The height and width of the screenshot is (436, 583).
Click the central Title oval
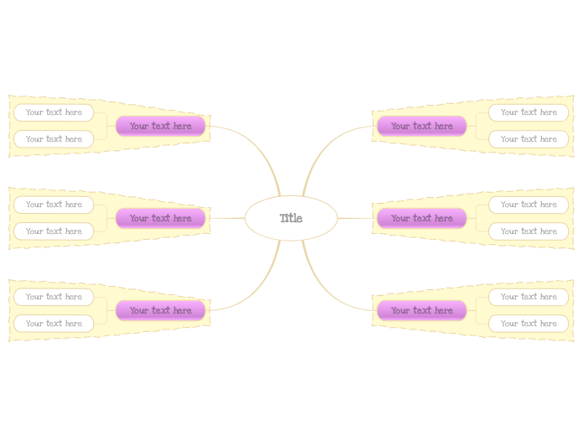pos(291,218)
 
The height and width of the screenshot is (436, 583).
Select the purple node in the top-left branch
pos(160,126)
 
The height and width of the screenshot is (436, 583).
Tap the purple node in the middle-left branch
pos(160,218)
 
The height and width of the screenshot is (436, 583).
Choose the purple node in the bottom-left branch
pos(160,310)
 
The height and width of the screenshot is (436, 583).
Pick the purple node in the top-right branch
pos(421,126)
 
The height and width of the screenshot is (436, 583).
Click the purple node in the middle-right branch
pos(421,218)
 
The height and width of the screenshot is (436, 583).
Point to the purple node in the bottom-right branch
pos(421,310)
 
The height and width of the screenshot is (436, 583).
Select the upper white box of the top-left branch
pos(54,112)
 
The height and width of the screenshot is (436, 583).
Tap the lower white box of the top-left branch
pos(54,139)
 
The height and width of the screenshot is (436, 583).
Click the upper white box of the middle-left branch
pos(54,205)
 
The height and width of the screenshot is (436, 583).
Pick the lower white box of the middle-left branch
pos(54,231)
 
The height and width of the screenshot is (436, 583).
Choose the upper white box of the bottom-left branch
pos(54,297)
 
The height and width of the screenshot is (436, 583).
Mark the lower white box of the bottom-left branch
pos(54,324)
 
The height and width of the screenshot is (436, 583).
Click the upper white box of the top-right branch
pos(529,112)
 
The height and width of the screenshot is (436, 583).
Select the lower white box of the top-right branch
pos(529,139)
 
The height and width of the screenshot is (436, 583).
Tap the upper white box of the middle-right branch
pos(529,205)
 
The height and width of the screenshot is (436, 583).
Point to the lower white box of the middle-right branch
pos(529,231)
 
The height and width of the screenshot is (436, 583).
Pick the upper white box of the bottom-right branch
pos(529,297)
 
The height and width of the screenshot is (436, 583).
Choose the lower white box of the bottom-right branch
pos(529,324)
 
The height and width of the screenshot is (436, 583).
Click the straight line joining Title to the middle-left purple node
pos(225,218)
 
